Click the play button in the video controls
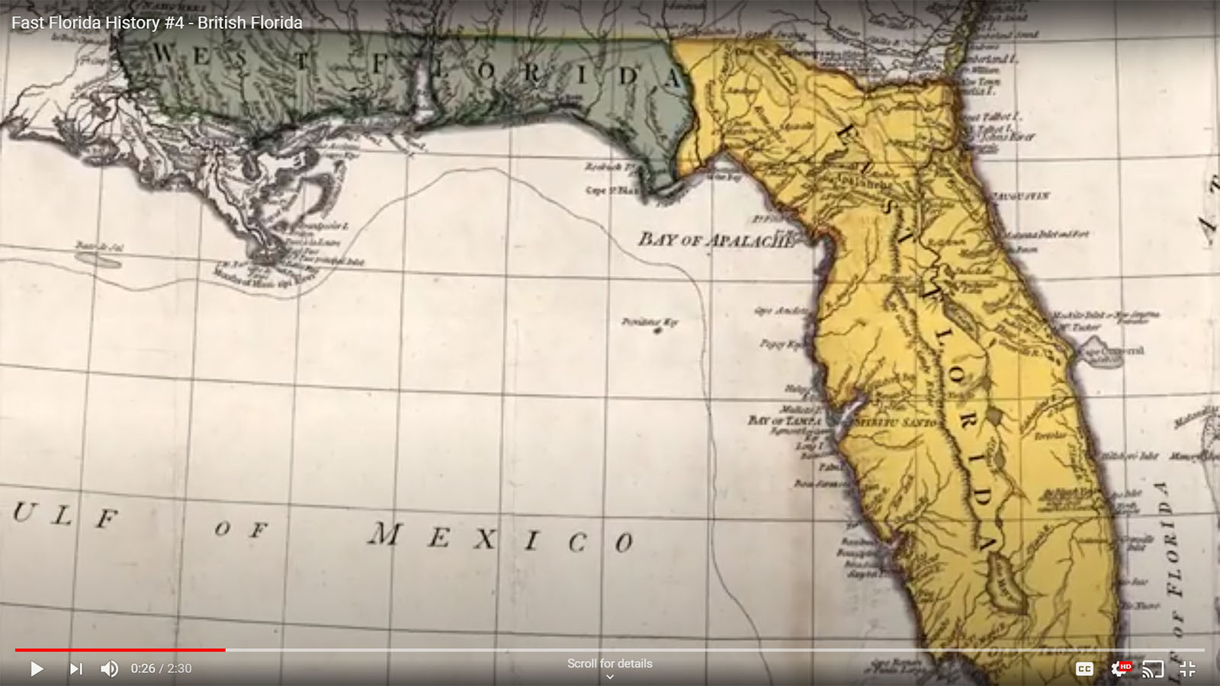pyautogui.click(x=36, y=668)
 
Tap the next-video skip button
pyautogui.click(x=75, y=668)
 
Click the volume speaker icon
pyautogui.click(x=109, y=668)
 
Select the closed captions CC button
pyautogui.click(x=1084, y=668)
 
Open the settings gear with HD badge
pyautogui.click(x=1119, y=668)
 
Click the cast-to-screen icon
pyautogui.click(x=1153, y=668)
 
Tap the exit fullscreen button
pyautogui.click(x=1187, y=668)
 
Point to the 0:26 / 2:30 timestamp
pyautogui.click(x=161, y=668)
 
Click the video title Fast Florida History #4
pyautogui.click(x=156, y=23)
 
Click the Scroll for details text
pyautogui.click(x=609, y=663)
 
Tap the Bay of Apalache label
pyautogui.click(x=714, y=240)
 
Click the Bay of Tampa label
pyautogui.click(x=785, y=420)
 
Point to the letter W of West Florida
pyautogui.click(x=163, y=53)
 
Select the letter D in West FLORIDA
pyautogui.click(x=628, y=76)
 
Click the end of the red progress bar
pyautogui.click(x=225, y=650)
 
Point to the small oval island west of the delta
pyautogui.click(x=99, y=259)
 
